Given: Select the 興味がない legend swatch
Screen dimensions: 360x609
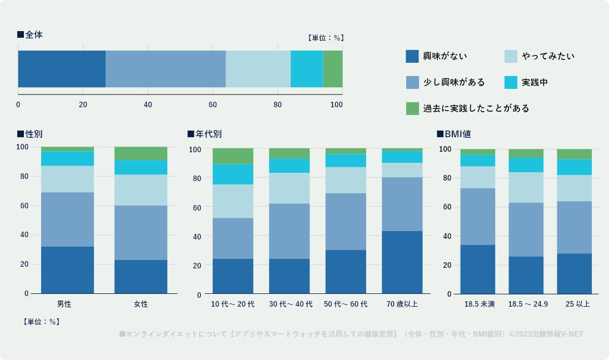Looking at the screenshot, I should (412, 56).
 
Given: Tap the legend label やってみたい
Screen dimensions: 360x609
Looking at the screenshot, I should (548, 56).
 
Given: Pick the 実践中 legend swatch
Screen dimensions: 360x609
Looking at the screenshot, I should (511, 82).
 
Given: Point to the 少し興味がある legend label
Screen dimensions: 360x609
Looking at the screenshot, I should (454, 82).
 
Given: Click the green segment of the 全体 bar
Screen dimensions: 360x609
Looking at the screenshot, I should (333, 69).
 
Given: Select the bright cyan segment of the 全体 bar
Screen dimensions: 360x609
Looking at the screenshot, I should (307, 69).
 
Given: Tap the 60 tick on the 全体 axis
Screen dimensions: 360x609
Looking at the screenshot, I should (213, 104).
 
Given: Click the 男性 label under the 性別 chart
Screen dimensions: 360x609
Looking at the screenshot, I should (64, 304).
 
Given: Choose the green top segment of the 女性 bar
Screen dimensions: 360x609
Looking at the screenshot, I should (141, 153).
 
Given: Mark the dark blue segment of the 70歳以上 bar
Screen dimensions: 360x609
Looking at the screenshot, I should (402, 262).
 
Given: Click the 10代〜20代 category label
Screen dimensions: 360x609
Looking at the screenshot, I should (233, 304).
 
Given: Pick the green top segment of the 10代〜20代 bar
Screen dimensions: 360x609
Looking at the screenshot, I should (233, 156).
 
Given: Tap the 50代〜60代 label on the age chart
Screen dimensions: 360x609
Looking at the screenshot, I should (346, 304).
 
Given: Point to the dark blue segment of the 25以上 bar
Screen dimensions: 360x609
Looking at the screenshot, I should (574, 273).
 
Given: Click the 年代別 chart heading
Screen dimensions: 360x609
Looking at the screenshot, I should (204, 134).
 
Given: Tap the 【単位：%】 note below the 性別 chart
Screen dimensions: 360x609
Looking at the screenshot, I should (42, 322).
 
